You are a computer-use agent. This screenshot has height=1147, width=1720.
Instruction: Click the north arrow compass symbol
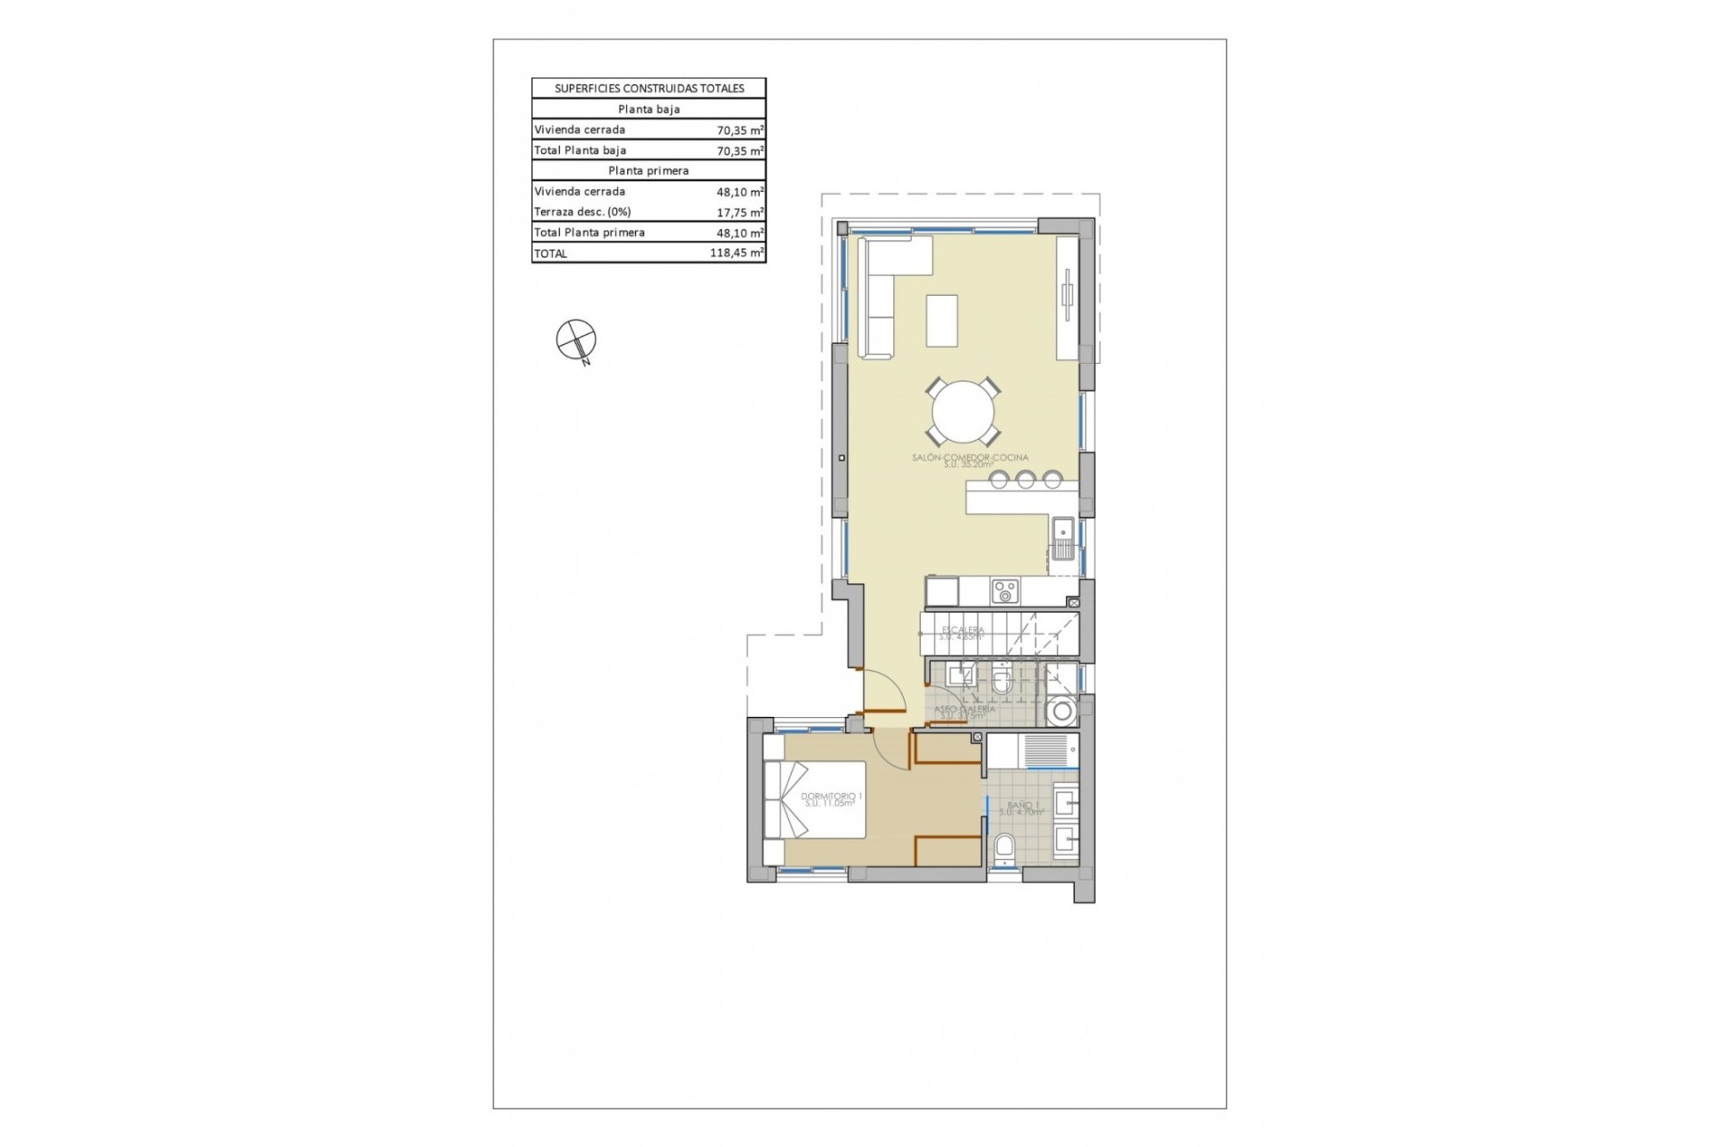[576, 340]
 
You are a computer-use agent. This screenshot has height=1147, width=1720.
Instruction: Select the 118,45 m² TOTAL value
[736, 254]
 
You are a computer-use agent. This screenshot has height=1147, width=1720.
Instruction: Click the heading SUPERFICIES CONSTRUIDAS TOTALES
[649, 89]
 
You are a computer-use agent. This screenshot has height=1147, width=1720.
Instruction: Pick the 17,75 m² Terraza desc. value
[739, 212]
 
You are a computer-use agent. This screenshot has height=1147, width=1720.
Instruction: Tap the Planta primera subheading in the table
[649, 170]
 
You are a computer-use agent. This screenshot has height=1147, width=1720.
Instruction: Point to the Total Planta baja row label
[580, 151]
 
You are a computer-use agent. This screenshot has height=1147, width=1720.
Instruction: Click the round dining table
[963, 412]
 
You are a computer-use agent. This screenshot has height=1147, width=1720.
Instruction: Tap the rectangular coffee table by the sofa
[942, 320]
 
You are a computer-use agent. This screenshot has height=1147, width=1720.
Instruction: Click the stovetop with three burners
[1004, 591]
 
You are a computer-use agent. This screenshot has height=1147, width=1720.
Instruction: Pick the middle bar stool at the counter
[1025, 480]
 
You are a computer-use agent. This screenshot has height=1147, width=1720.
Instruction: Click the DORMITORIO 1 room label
[830, 798]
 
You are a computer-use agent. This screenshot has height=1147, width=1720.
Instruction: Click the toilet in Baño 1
[1004, 848]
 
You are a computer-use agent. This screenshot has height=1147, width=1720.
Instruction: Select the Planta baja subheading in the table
[649, 109]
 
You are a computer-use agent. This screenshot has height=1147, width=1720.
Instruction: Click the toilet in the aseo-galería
[1002, 683]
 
